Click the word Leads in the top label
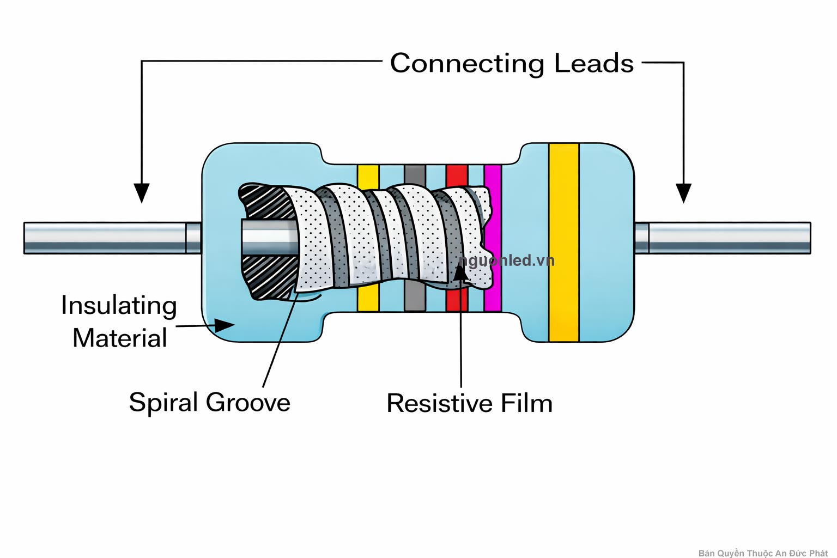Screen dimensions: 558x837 tap(593, 63)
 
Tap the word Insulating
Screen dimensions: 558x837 tap(119, 306)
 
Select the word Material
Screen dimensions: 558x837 tap(120, 338)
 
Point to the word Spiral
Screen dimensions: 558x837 tap(163, 403)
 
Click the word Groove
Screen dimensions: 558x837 tap(248, 403)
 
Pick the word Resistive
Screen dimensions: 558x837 tap(439, 404)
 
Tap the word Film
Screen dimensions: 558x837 tap(526, 404)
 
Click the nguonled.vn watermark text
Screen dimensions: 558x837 tap(507, 260)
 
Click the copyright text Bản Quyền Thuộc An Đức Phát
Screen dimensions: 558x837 tap(762, 553)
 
